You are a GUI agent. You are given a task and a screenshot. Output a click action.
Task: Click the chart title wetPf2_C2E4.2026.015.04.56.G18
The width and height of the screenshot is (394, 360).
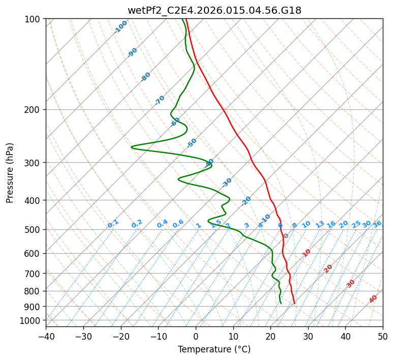[214, 10]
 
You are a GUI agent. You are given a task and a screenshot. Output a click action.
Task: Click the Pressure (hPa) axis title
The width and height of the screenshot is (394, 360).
[10, 172]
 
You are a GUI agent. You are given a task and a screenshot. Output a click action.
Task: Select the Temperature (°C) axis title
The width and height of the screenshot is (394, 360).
[214, 349]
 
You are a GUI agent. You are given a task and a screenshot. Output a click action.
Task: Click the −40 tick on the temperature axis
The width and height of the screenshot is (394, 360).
[46, 336]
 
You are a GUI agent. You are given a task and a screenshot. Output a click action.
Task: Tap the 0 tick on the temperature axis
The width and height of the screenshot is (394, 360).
[196, 336]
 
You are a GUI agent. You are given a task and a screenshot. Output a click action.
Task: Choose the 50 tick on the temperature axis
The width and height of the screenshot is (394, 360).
[383, 336]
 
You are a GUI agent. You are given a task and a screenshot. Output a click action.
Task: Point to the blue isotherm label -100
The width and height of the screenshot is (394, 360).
[120, 27]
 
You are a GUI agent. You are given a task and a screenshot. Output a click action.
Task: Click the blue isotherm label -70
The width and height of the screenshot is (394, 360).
[160, 100]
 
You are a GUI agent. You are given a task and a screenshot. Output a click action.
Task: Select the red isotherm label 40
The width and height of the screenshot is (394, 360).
[373, 299]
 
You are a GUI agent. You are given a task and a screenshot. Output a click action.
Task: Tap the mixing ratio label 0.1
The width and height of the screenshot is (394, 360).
[113, 224]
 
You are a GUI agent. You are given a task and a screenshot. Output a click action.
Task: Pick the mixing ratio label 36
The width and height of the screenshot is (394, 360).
[377, 224]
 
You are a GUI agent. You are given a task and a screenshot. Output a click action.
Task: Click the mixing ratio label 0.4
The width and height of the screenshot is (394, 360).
[162, 224]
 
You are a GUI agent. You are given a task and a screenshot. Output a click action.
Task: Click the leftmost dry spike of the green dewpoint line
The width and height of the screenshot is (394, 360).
[132, 147]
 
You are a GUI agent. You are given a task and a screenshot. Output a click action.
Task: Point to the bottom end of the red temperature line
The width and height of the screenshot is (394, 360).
[294, 304]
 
